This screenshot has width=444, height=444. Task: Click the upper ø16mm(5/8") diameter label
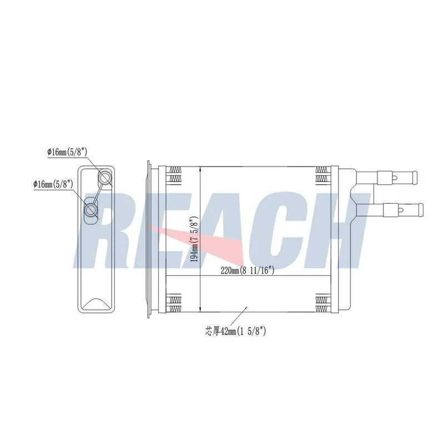pos(67,152)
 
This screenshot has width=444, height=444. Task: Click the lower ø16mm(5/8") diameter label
pos(53,184)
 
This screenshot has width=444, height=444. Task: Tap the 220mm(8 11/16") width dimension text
pos(248,271)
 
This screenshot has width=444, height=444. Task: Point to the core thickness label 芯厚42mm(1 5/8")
pos(235,331)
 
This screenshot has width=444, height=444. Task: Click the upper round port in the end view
pos(105,178)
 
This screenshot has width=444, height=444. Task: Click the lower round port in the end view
pos(92,210)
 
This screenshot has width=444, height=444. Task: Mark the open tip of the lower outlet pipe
pos(422,210)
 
